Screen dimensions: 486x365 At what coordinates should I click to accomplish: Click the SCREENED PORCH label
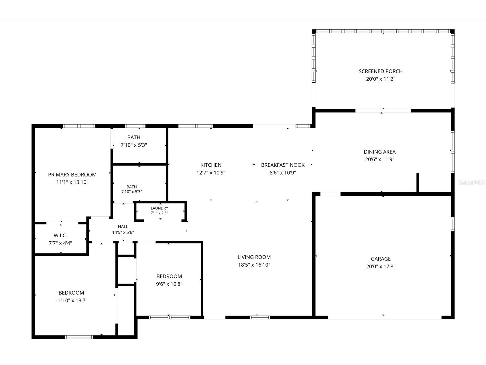tap(381, 71)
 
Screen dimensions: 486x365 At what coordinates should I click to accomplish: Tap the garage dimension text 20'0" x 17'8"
tap(381, 266)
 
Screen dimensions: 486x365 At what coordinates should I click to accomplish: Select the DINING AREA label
tap(380, 152)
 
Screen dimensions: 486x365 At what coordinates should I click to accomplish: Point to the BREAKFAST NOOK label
tap(283, 165)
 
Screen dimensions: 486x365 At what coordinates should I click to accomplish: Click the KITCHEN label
tap(211, 165)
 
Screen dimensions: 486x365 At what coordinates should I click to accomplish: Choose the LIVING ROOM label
tap(254, 257)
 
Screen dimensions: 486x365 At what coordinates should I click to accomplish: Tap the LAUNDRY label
tap(160, 208)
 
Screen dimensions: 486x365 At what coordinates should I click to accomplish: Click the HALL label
tap(123, 226)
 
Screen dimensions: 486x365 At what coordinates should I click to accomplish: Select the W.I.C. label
tap(60, 236)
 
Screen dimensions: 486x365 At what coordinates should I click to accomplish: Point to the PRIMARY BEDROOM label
tap(72, 174)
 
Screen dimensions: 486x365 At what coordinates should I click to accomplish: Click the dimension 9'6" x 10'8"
tap(169, 284)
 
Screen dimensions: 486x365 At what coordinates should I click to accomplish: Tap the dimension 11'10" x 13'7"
tap(71, 300)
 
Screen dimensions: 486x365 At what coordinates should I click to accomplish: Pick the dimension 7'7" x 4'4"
tap(60, 243)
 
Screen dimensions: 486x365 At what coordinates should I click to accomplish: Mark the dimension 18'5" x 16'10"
tap(254, 265)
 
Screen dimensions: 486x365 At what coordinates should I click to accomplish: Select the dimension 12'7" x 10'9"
tap(211, 173)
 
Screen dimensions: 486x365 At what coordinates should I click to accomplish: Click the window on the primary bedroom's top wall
tap(79, 126)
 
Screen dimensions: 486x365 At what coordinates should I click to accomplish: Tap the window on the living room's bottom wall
tap(260, 317)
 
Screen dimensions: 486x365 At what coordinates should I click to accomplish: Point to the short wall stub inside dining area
tap(418, 183)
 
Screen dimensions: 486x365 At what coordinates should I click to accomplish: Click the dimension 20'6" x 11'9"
tap(380, 160)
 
